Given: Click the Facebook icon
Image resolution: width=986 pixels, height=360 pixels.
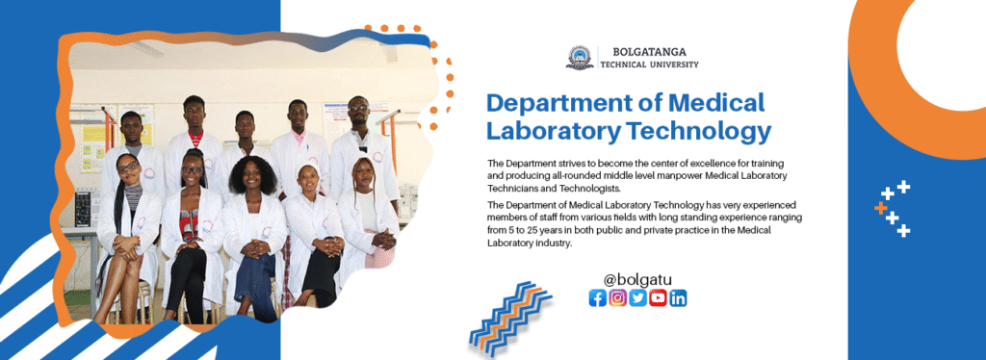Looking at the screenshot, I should click(597, 297).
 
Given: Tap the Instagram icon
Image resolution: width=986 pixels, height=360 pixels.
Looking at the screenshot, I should click(617, 297).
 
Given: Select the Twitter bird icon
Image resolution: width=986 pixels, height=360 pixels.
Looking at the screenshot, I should click(637, 297).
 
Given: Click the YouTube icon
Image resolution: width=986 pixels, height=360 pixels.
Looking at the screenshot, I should click(658, 297).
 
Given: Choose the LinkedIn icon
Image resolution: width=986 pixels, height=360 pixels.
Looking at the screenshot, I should click(678, 297).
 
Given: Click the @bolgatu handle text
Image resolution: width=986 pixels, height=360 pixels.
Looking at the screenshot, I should click(637, 279).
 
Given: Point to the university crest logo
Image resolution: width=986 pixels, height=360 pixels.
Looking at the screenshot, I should click(580, 57).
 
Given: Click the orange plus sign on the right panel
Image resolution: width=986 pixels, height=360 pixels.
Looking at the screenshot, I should click(880, 207).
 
